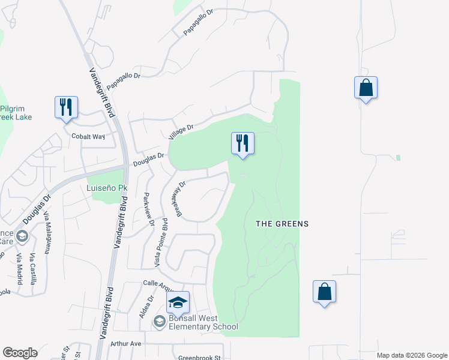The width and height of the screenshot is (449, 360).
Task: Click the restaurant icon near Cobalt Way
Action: coord(66,107)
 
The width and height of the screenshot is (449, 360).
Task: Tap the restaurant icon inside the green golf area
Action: coord(243,143)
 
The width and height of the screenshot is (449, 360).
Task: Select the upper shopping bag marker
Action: coord(366,88)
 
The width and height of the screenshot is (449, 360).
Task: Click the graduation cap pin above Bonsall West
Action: coord(178,302)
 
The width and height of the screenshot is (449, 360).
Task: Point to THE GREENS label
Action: coord(282,224)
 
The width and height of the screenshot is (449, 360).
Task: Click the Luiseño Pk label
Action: coord(107,188)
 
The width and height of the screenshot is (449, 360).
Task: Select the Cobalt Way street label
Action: coord(88,136)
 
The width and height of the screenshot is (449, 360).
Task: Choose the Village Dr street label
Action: coord(181,131)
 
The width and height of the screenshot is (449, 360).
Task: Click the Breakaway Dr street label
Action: coord(179,199)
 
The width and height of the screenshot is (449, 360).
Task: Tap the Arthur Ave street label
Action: coord(125,344)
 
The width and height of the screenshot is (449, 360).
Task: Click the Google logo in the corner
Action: coord(20,353)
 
